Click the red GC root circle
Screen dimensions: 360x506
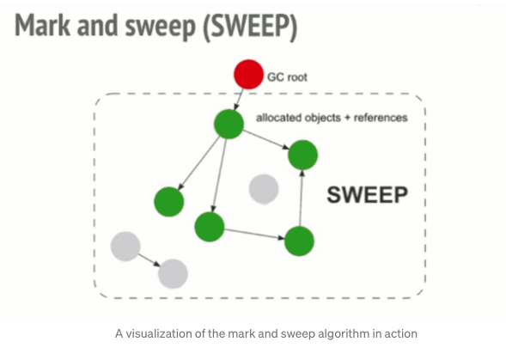248,74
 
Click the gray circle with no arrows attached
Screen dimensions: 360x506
264,188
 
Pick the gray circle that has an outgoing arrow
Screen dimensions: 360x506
125,247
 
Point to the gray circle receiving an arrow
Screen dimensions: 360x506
173,273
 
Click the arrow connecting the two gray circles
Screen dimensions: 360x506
149,259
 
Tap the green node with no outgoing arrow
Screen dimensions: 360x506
169,202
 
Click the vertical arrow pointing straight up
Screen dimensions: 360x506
301,198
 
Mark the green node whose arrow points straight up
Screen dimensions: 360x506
300,241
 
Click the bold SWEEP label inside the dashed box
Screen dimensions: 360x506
368,195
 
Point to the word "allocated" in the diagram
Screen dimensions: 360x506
281,118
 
